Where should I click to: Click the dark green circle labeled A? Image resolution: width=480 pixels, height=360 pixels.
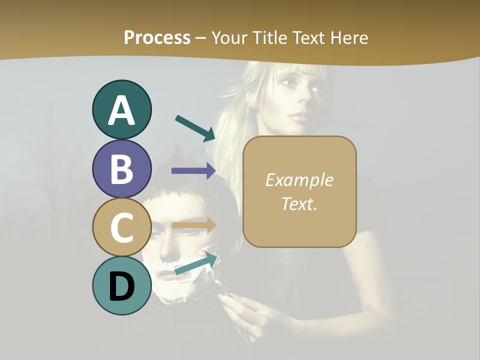point(121,109)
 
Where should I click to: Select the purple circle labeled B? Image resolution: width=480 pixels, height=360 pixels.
point(121,168)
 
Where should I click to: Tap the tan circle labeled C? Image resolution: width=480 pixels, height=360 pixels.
point(121,227)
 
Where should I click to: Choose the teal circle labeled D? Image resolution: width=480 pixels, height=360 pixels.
point(121,285)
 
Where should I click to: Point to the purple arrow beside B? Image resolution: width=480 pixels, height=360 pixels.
point(193,171)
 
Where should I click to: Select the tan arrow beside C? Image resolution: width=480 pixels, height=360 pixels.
point(193,225)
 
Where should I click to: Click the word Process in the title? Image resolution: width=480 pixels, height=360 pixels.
point(157,37)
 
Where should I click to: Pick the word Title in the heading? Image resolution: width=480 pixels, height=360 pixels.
point(270,37)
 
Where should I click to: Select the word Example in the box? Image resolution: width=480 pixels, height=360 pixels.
point(299,180)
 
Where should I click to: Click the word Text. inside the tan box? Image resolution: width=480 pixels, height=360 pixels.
point(299,203)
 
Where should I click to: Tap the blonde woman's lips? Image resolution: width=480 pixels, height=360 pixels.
point(298,118)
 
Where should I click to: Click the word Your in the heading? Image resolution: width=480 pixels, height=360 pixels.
point(228,37)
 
